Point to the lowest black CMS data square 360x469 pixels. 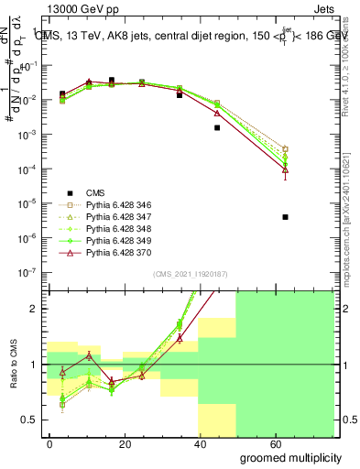click(x=286, y=217)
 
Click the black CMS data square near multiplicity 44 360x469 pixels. click(x=217, y=127)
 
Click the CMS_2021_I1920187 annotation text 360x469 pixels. click(x=189, y=273)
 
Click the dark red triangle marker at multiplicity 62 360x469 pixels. click(x=286, y=170)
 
